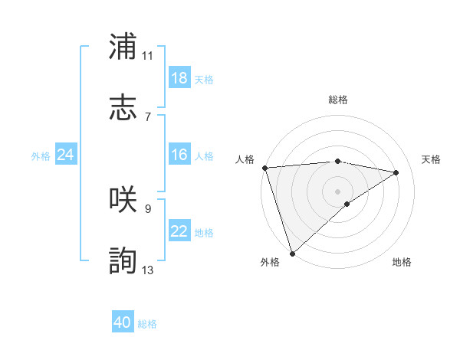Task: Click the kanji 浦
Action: (x=123, y=47)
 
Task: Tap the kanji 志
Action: (x=123, y=107)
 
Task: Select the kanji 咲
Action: (x=123, y=198)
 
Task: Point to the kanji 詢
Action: (x=123, y=260)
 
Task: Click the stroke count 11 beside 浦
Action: (x=147, y=55)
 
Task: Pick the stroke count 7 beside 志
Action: (x=147, y=116)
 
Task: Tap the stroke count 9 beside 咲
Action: (x=147, y=208)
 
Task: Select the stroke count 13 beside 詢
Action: (x=147, y=270)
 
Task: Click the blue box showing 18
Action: (x=179, y=78)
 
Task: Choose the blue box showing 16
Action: (x=179, y=155)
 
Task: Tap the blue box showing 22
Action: (x=179, y=231)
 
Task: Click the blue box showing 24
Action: (x=65, y=155)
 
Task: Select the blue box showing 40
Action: (x=123, y=322)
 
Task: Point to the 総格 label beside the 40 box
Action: (x=147, y=324)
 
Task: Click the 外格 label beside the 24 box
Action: (x=41, y=156)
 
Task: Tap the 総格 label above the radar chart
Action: (x=337, y=100)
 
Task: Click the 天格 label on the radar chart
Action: (x=431, y=159)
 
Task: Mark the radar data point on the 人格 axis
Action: (x=264, y=168)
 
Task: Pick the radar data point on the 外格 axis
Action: (x=292, y=253)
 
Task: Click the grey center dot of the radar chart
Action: (x=337, y=190)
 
